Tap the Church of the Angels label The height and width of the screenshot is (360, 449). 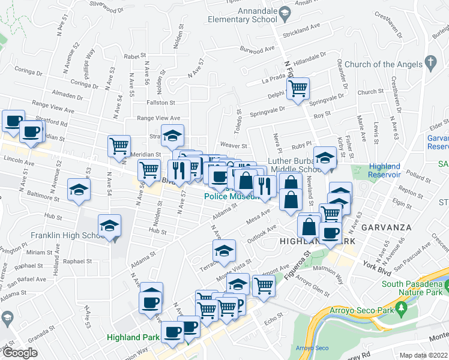click(x=378, y=64)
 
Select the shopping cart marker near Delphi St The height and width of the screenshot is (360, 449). click(x=298, y=89)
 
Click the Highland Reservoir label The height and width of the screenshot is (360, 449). click(x=384, y=170)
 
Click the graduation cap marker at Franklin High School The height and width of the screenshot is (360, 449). click(x=109, y=226)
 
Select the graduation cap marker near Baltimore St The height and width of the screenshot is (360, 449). click(x=79, y=190)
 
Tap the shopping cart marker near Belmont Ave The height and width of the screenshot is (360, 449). click(x=264, y=286)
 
